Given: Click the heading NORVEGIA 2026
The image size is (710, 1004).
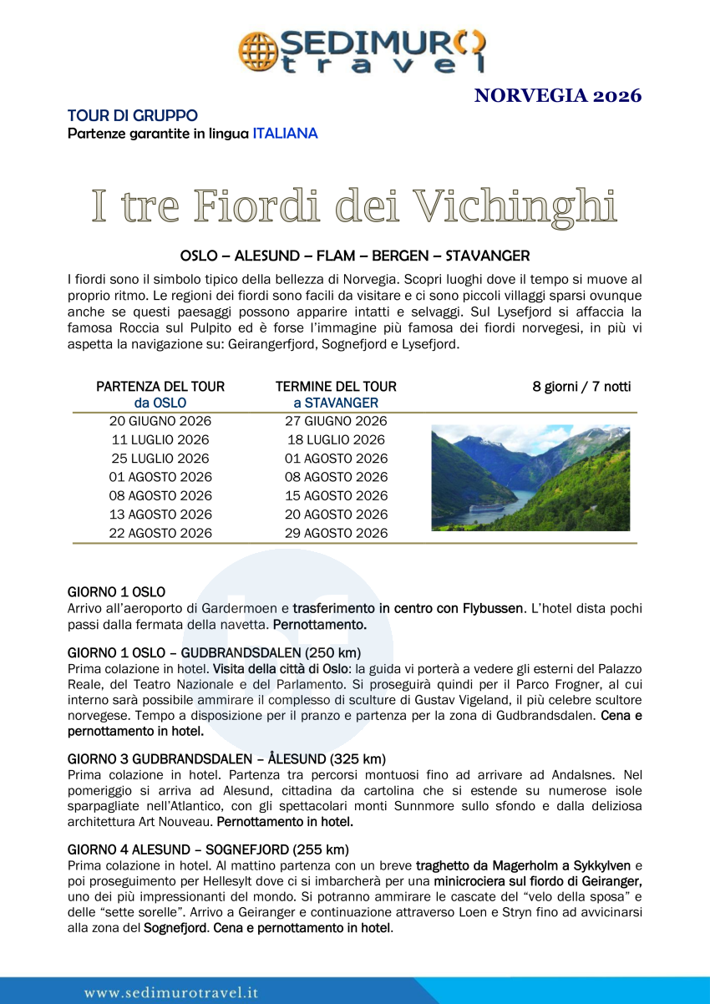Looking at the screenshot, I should (x=557, y=95).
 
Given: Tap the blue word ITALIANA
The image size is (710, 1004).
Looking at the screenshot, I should (x=285, y=133).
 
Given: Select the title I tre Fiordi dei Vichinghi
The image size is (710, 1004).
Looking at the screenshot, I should (x=354, y=205).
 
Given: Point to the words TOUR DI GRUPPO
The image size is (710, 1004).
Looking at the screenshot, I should (x=132, y=115).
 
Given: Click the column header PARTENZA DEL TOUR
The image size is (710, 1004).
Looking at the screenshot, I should (x=160, y=386).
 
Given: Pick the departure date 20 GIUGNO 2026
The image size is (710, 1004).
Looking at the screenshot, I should (x=160, y=421).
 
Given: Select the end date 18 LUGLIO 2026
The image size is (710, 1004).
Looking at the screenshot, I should (x=336, y=439).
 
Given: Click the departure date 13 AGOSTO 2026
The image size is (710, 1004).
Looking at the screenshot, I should (x=160, y=515).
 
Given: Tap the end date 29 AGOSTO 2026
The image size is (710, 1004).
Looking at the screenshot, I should (x=336, y=533).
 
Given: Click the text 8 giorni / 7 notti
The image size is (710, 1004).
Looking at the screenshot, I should (x=581, y=386).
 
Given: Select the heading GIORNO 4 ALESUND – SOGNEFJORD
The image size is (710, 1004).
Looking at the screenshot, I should (x=208, y=849).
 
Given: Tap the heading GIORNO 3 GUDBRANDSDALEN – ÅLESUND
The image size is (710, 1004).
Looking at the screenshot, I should (x=226, y=759).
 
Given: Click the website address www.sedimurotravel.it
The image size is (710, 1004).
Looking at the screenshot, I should (x=171, y=992).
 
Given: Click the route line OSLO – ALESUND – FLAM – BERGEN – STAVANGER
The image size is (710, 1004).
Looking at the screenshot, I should (x=355, y=255).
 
